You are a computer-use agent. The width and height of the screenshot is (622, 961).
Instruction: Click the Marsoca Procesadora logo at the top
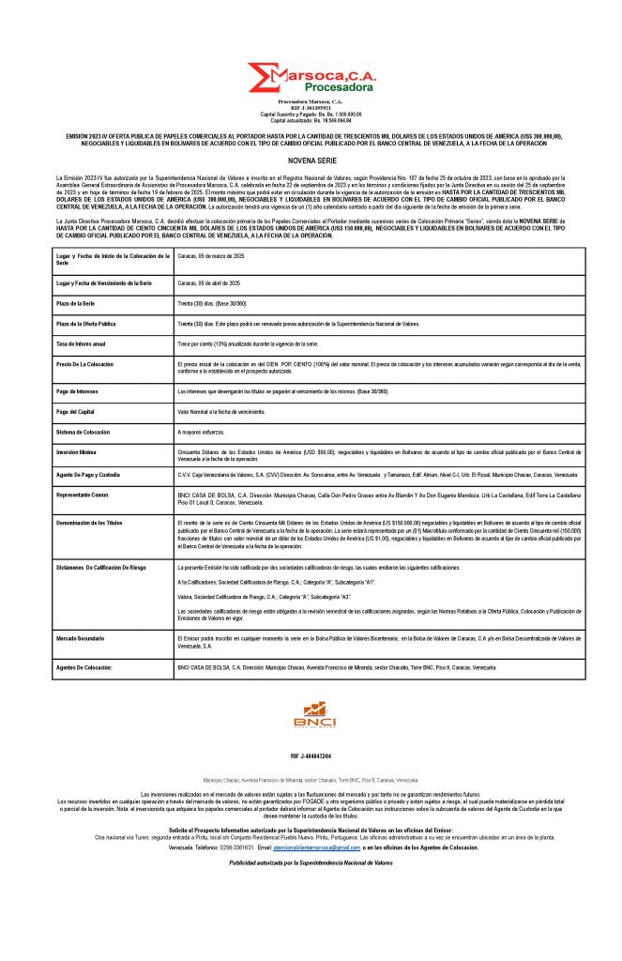[311, 78]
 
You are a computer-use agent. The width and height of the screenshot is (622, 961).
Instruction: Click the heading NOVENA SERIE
[311, 160]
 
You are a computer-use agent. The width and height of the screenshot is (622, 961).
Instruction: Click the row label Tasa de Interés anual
[85, 345]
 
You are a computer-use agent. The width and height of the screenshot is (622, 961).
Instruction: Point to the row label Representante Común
[84, 495]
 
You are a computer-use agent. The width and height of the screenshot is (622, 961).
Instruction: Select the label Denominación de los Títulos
[89, 522]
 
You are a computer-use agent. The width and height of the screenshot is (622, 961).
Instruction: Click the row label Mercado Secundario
[83, 638]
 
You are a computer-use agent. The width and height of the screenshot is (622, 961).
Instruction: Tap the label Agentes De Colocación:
[84, 666]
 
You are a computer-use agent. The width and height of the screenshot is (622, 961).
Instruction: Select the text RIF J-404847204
[311, 755]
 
